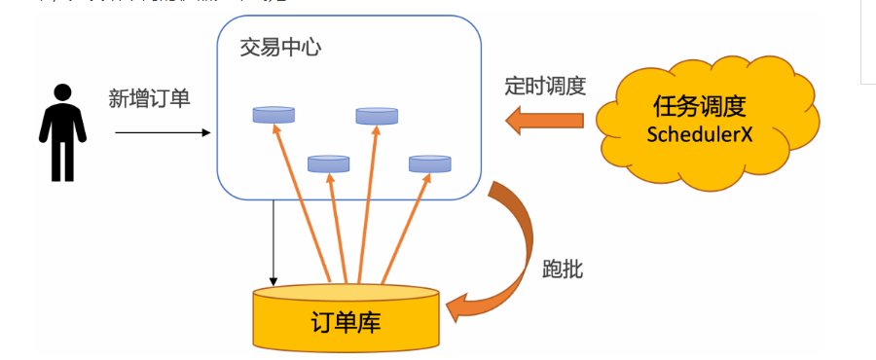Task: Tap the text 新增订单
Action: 149,97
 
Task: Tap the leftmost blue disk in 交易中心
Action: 274,115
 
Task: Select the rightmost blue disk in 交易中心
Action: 429,163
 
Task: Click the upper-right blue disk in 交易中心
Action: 377,116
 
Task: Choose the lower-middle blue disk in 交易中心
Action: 328,163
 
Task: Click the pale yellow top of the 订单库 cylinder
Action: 346,292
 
